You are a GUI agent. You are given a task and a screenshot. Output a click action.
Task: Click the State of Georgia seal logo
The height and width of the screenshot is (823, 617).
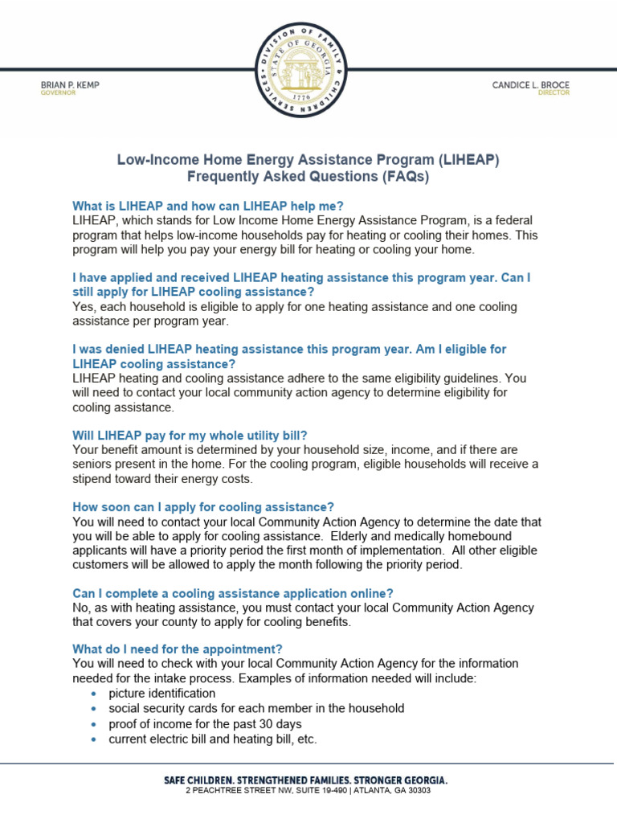(308, 68)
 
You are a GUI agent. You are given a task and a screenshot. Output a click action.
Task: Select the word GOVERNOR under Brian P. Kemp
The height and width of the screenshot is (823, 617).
(58, 93)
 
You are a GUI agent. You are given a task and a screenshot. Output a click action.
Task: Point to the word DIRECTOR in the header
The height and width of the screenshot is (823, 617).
(554, 93)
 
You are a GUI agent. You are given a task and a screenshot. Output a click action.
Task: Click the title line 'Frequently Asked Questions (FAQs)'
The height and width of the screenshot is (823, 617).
(308, 177)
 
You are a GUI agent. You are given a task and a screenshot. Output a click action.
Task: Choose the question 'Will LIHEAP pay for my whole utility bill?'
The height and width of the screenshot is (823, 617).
(190, 435)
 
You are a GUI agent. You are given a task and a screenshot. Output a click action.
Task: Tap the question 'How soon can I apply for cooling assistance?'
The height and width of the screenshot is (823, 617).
(202, 506)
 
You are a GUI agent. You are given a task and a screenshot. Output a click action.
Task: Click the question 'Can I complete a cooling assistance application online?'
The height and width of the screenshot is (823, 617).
(232, 593)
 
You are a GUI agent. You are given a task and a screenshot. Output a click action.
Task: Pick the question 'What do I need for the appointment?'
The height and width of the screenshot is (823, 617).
(178, 649)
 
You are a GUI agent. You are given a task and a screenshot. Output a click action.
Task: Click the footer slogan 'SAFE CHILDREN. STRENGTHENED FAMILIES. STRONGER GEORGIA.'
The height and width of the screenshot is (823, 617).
(306, 780)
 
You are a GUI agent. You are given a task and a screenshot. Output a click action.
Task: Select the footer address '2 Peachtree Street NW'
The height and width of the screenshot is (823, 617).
(241, 790)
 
